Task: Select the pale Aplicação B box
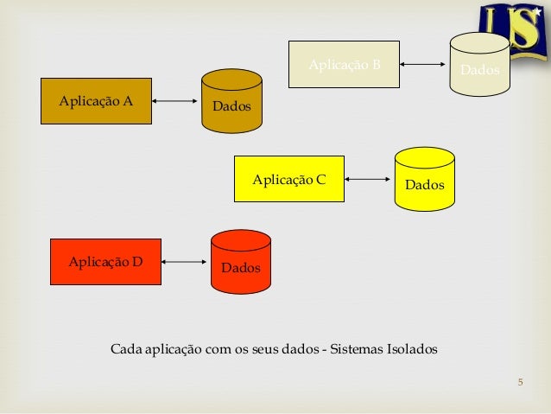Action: tap(344, 64)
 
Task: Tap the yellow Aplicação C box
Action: tap(289, 179)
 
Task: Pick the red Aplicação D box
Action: tap(106, 260)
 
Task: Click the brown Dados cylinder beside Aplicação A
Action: tap(231, 101)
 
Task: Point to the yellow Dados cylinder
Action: tap(424, 179)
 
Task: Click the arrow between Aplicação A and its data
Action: tap(175, 101)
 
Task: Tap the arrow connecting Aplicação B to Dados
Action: tap(423, 64)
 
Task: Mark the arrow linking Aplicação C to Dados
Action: tap(369, 179)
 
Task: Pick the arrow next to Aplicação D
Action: tap(186, 260)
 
